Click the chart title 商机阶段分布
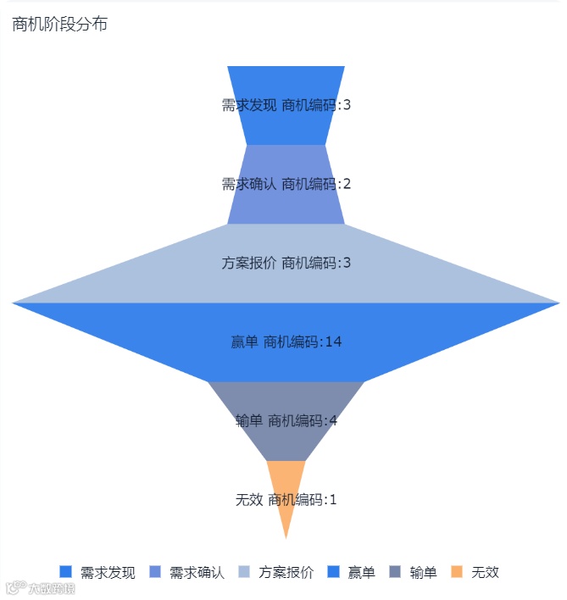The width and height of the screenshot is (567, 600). point(59,25)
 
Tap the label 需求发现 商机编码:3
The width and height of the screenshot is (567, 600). point(286,105)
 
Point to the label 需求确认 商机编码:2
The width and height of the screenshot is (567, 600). point(286,184)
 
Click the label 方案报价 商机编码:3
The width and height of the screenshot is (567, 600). point(286,263)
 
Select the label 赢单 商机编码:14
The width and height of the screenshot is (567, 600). point(286,342)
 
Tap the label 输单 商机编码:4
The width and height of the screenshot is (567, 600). point(286,420)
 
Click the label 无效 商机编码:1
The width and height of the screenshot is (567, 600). point(286,499)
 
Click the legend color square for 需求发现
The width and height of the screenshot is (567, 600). point(66,572)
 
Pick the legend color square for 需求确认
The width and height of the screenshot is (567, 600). point(155,572)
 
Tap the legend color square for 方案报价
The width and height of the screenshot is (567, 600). point(244,572)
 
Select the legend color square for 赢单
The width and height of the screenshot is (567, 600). point(333,572)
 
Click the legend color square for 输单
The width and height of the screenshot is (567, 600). point(395,572)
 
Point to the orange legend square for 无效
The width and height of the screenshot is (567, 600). point(457,572)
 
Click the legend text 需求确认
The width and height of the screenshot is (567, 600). point(197,572)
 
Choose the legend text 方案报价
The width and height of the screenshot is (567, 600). point(286,572)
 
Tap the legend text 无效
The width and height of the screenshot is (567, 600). point(485,572)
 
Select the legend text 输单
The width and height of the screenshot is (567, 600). point(423,572)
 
